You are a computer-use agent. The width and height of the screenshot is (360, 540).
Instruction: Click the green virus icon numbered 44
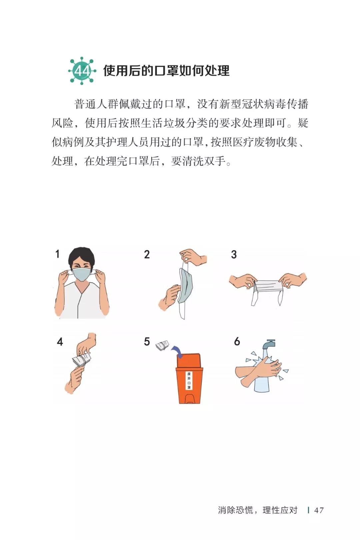(82, 71)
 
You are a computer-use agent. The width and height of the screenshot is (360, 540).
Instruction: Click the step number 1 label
(57, 254)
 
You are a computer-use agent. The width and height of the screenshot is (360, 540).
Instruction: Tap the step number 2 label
(147, 255)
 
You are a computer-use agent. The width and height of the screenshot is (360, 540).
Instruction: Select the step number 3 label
(234, 255)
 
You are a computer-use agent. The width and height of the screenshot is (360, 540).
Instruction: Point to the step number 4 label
(60, 342)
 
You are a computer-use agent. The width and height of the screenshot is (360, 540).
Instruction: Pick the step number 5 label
(147, 342)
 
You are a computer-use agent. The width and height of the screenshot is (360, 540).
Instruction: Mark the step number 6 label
(237, 342)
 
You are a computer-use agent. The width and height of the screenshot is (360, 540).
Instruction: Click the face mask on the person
(82, 274)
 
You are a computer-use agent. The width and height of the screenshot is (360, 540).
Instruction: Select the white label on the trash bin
(189, 380)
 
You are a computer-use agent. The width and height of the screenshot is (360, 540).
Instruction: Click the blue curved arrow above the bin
(177, 351)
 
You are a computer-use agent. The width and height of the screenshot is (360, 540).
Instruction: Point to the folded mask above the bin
(162, 346)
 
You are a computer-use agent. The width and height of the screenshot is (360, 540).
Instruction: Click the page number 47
(319, 510)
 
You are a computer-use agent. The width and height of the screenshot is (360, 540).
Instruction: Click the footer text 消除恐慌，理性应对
(257, 510)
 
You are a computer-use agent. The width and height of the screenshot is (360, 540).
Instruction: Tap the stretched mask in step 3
(268, 287)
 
